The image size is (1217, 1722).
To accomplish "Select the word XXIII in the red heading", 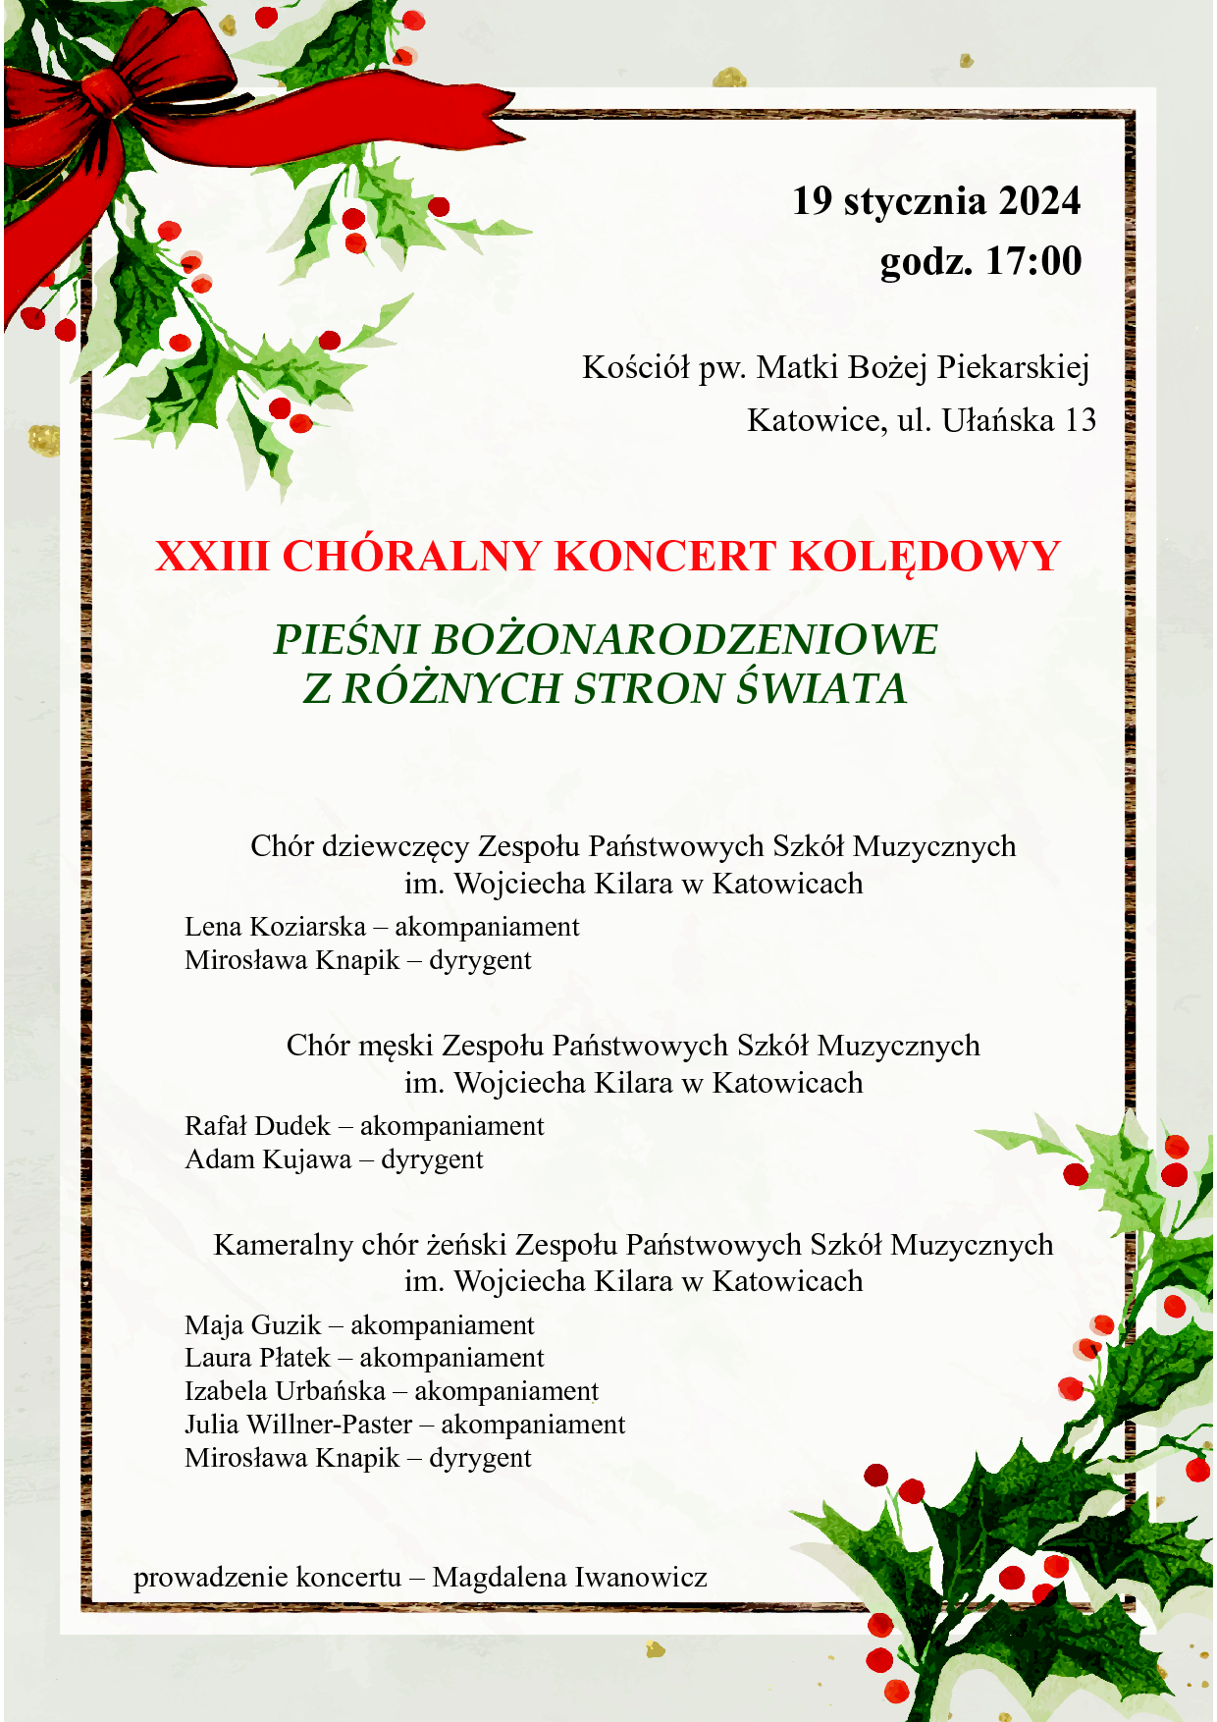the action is click(x=211, y=557).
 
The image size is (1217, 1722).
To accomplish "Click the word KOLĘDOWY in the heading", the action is click(x=925, y=557).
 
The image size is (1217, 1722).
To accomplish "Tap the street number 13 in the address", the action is click(x=1080, y=420).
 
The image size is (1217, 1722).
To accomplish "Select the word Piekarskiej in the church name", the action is click(x=1013, y=367).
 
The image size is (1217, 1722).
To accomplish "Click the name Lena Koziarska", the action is click(x=275, y=927).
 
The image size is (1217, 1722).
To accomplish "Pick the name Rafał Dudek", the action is click(x=257, y=1126).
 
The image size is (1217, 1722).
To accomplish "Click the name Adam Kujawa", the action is click(x=268, y=1159).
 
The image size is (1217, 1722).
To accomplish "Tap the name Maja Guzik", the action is click(x=252, y=1325).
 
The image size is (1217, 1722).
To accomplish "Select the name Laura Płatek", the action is click(x=257, y=1358).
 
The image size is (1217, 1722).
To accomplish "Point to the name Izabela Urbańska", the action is click(x=285, y=1391).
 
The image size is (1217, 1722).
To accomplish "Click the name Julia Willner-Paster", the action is click(x=298, y=1425).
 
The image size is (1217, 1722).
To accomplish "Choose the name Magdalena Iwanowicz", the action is click(x=569, y=1578).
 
